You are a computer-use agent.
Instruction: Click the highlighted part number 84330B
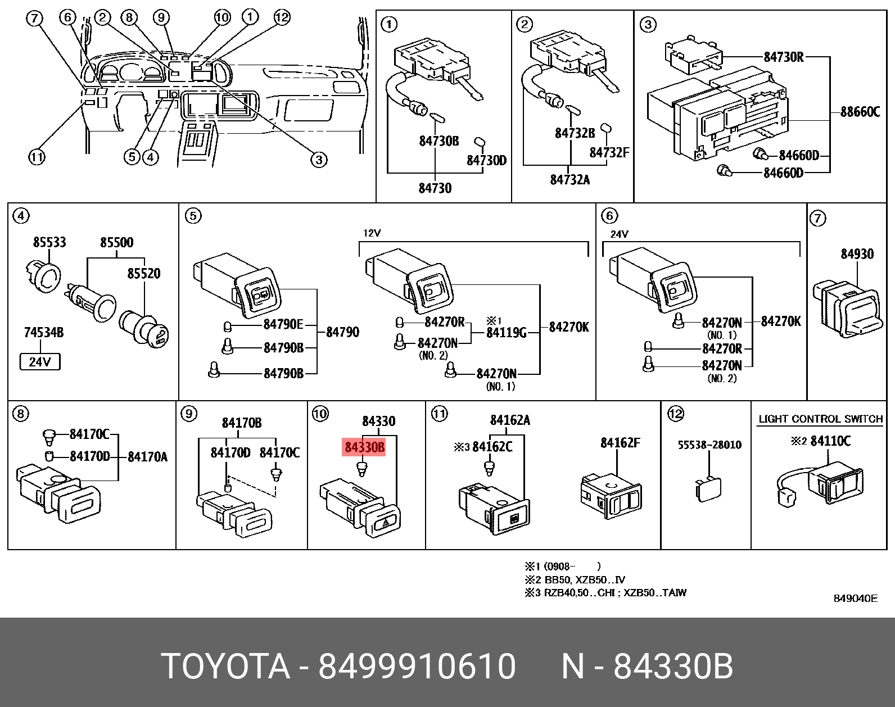[364, 447]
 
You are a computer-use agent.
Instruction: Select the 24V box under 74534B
[39, 362]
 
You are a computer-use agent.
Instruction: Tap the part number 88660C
[860, 112]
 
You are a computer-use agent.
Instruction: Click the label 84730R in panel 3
[784, 57]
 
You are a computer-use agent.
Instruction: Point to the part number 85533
[49, 242]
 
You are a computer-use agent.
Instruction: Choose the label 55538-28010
[709, 445]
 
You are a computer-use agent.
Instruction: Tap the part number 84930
[857, 254]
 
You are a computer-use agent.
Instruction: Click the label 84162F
[620, 443]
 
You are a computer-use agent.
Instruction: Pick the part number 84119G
[506, 333]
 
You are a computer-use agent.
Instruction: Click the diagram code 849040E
[855, 599]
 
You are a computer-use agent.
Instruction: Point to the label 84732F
[609, 152]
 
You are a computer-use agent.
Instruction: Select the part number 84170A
[148, 457]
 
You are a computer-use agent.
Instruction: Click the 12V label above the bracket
[372, 233]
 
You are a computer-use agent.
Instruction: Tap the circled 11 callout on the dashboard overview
[37, 158]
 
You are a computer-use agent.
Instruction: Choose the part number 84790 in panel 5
[342, 332]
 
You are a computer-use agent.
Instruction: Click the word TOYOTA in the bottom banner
[225, 667]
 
